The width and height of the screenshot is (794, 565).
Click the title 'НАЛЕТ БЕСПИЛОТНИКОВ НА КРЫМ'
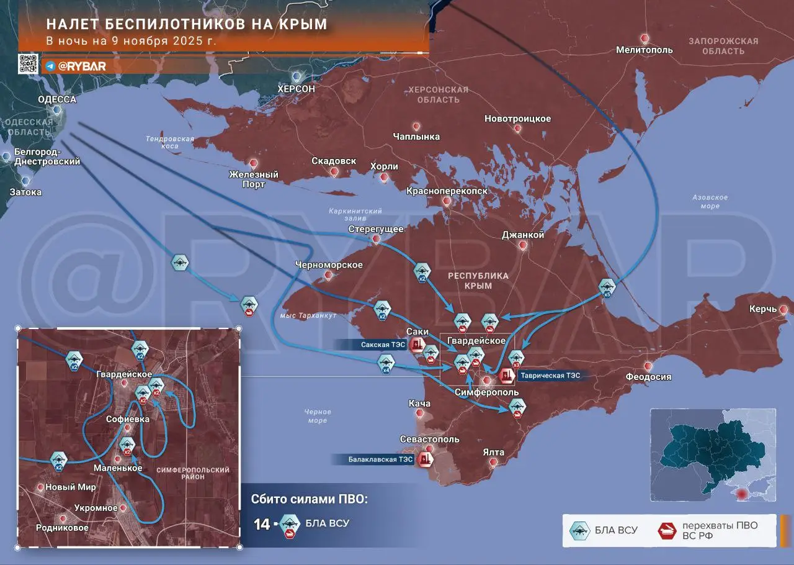click(187, 24)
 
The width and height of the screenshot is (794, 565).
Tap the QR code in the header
click(28, 65)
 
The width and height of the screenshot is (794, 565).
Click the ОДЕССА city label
click(57, 99)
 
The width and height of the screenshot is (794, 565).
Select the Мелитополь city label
click(644, 50)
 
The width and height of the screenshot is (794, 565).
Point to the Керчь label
click(762, 309)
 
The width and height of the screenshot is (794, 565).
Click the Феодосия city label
click(648, 377)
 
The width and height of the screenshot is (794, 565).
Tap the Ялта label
click(493, 452)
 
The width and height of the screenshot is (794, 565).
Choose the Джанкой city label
click(523, 235)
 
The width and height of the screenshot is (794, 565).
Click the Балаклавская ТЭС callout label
click(372, 459)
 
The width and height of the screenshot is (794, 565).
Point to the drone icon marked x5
click(607, 287)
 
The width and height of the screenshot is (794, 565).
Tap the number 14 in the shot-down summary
click(261, 524)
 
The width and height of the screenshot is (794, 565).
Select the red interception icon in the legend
click(667, 530)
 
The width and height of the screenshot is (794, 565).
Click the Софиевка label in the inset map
click(128, 419)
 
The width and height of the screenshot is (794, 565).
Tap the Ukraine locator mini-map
click(713, 454)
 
